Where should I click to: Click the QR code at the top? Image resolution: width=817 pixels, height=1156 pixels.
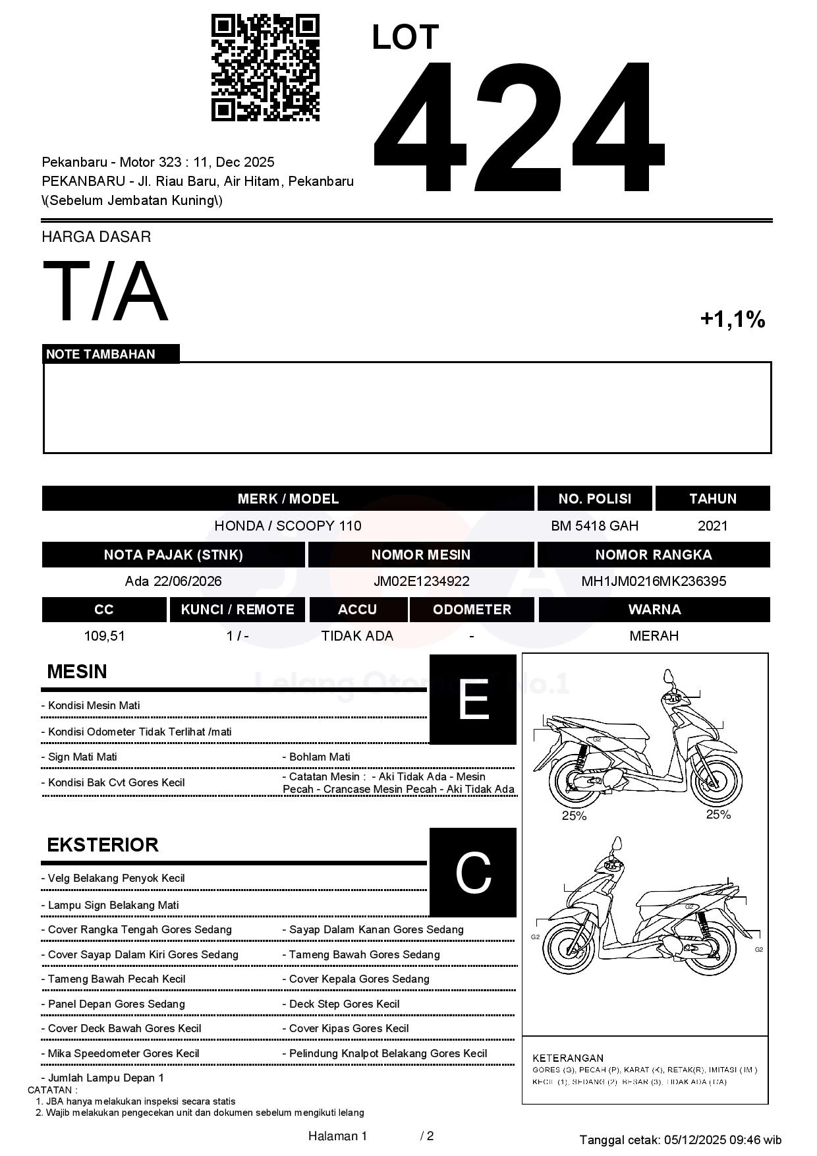265,68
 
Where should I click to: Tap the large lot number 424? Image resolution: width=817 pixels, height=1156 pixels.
518,127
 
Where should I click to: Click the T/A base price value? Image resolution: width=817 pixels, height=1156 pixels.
105,291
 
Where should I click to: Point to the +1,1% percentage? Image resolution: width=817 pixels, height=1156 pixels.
732,320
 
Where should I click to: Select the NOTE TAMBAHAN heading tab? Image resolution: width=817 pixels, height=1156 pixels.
101,354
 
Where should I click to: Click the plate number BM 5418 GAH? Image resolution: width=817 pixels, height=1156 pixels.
594,526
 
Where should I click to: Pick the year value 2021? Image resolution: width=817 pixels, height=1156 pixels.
712,526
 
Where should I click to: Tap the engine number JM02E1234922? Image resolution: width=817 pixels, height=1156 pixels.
421,581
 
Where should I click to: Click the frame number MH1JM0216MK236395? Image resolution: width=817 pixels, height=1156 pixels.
653,581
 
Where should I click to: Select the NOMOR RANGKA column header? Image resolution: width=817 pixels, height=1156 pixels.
653,555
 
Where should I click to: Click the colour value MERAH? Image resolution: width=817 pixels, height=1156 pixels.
654,636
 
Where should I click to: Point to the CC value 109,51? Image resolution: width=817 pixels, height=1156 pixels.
104,636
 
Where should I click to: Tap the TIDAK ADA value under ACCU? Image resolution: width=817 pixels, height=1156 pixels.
357,636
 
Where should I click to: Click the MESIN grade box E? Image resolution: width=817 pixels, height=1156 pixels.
472,699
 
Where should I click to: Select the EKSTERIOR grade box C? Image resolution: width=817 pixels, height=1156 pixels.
472,873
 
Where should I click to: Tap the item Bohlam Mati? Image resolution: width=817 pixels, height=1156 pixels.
320,757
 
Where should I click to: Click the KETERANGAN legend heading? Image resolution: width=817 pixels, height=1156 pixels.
567,1058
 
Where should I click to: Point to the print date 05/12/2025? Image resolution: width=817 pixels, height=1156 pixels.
694,1140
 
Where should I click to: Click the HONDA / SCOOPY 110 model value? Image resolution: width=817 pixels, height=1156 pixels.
287,526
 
